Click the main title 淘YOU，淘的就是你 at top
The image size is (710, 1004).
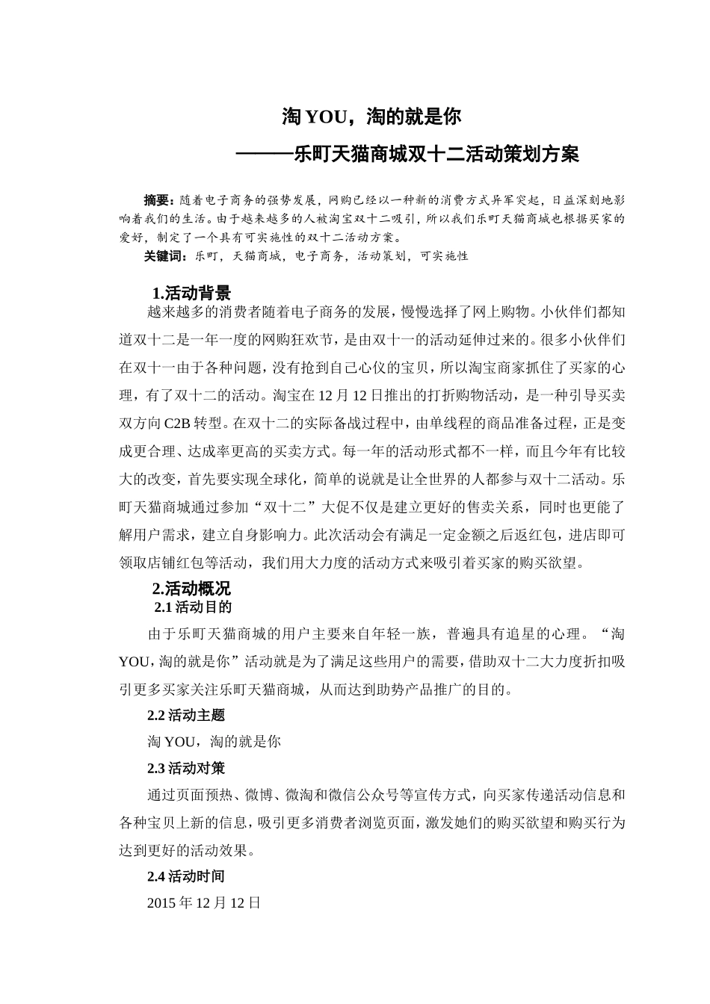(371, 117)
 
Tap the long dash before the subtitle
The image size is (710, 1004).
(265, 155)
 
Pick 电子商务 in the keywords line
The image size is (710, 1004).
(319, 256)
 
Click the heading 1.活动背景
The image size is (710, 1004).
(191, 293)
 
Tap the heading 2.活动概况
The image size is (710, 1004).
(191, 589)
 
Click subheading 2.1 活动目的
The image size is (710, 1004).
(193, 607)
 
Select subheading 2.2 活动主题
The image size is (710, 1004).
(186, 715)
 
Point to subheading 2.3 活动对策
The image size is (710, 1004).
(186, 768)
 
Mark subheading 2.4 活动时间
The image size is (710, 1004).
(186, 876)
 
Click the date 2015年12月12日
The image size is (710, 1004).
(204, 903)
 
